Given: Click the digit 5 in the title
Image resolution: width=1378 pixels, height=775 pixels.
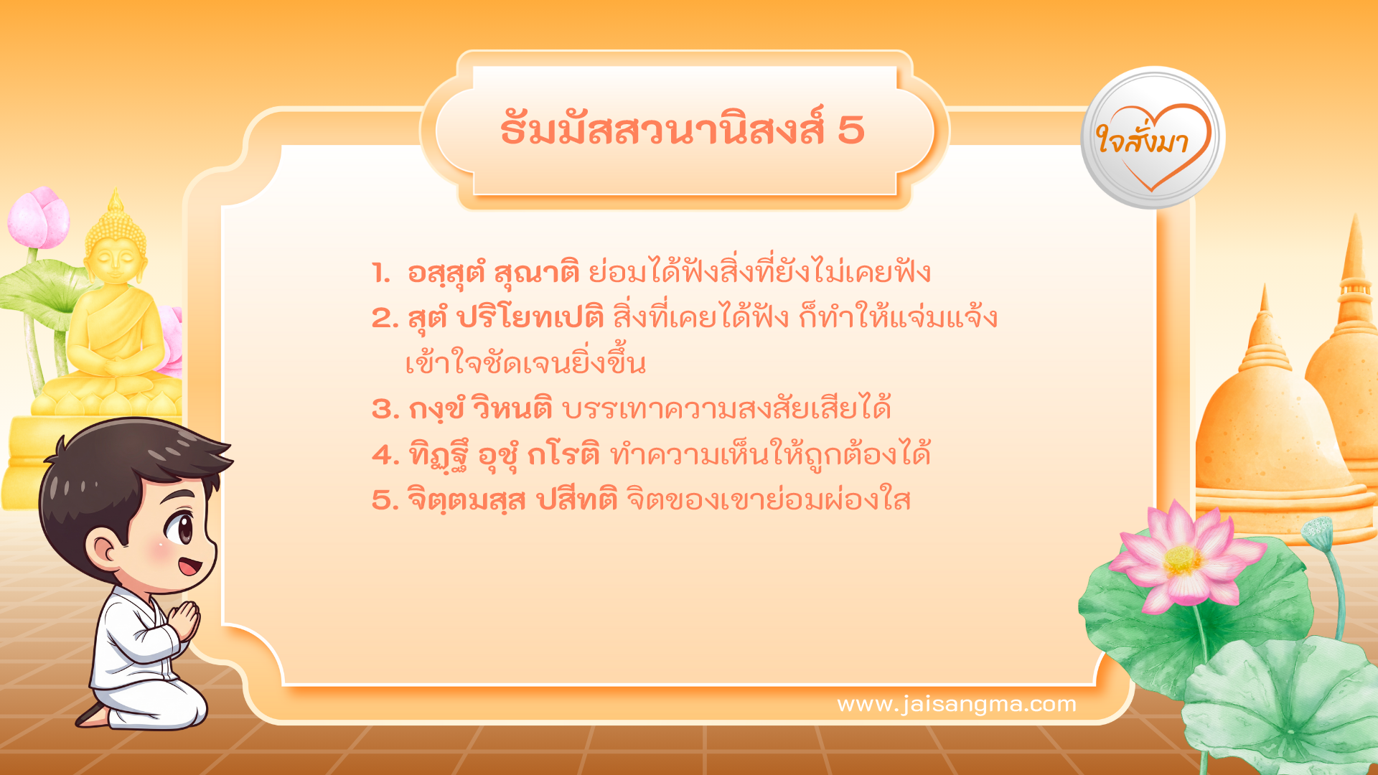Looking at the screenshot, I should (850, 131).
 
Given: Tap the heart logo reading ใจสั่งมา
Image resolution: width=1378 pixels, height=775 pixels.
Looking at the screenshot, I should (1153, 138).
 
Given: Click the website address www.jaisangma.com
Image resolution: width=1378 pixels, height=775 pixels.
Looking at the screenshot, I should (957, 704).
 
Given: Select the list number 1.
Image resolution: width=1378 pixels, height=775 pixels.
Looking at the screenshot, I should (380, 273).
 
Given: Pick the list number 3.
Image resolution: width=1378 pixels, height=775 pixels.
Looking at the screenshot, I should (385, 410).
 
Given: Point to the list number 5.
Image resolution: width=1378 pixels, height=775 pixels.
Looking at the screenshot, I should (385, 500).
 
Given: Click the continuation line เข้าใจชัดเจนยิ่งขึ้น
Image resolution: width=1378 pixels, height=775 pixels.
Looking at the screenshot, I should (525, 364).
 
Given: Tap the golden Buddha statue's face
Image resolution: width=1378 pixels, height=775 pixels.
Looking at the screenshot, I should (114, 262).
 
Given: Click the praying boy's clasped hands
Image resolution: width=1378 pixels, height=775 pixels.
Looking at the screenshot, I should (185, 620).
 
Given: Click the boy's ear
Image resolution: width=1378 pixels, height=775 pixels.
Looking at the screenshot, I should (104, 549).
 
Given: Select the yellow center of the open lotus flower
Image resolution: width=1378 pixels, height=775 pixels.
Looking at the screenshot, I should (1182, 560).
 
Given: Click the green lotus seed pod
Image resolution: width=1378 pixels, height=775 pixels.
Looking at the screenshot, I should (1318, 532).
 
